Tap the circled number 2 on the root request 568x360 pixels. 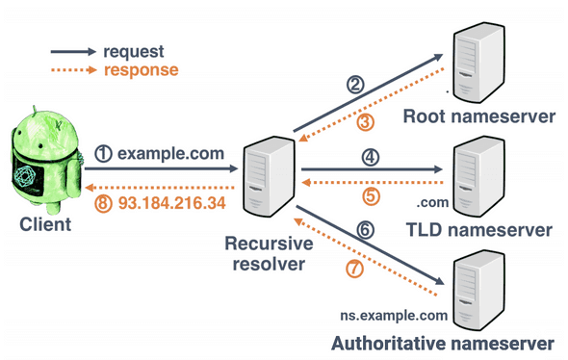pyautogui.click(x=355, y=85)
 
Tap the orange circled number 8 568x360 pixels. pyautogui.click(x=104, y=203)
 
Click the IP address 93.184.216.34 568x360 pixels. pyautogui.click(x=171, y=203)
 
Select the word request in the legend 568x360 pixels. pyautogui.click(x=134, y=52)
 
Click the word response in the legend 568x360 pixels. pyautogui.click(x=141, y=70)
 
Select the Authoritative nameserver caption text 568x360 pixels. pyautogui.click(x=442, y=343)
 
